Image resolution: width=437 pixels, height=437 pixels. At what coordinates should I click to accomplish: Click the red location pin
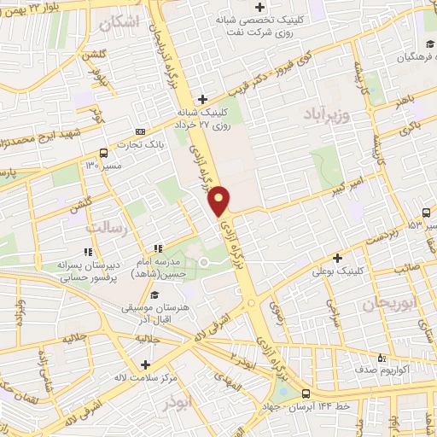(219, 200)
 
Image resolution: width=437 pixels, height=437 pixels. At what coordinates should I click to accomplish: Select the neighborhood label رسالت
(107, 228)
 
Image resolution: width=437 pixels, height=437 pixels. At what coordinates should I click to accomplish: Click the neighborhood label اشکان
(119, 25)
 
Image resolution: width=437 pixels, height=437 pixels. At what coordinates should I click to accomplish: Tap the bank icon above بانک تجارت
(141, 132)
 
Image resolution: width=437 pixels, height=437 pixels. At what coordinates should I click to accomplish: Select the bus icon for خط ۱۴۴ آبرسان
(306, 393)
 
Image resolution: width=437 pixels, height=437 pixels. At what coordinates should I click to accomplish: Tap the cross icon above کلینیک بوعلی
(339, 258)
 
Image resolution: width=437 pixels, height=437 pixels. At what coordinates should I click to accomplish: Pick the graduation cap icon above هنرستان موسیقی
(154, 294)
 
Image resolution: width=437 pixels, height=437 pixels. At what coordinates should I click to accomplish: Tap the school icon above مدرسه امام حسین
(155, 248)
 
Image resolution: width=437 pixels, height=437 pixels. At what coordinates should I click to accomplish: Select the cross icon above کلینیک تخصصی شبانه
(259, 9)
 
